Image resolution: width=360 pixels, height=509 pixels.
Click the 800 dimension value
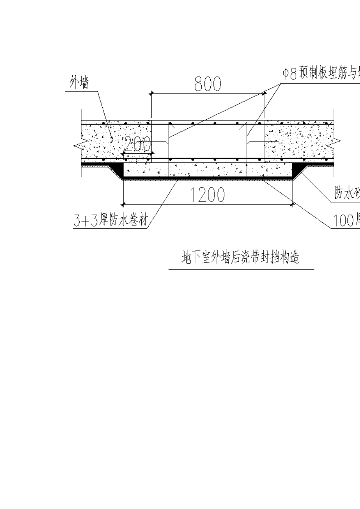(207, 84)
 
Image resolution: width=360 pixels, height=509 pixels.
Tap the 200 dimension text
(137, 144)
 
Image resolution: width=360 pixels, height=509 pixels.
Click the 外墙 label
(80, 83)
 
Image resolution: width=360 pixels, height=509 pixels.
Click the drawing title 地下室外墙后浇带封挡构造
(241, 258)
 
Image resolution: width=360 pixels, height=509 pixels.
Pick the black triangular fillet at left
(119, 169)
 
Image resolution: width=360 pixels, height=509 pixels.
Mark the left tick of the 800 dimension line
(151, 93)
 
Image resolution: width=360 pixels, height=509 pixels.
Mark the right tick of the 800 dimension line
(264, 93)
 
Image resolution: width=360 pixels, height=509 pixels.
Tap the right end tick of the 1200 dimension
(292, 205)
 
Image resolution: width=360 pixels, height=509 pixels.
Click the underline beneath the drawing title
(241, 269)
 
